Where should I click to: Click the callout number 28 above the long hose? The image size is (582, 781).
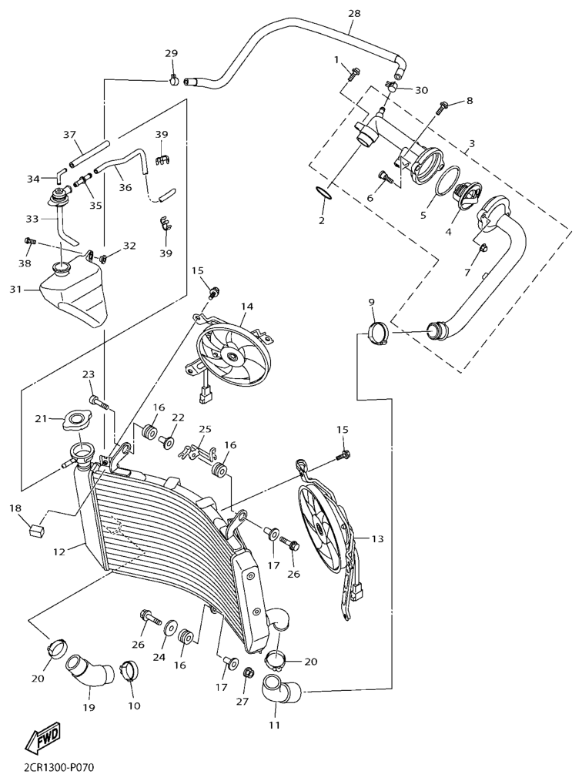pos(354,14)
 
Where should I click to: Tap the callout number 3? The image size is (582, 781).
pos(471,143)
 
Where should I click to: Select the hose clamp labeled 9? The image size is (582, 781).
pos(377,334)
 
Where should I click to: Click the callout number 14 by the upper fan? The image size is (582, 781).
pos(246,307)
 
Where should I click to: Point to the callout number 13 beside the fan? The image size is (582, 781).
pos(377,538)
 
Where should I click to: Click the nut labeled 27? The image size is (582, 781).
pos(248,674)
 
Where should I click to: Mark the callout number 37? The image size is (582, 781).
pos(70,135)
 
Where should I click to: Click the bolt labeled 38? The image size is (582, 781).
pos(29,242)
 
